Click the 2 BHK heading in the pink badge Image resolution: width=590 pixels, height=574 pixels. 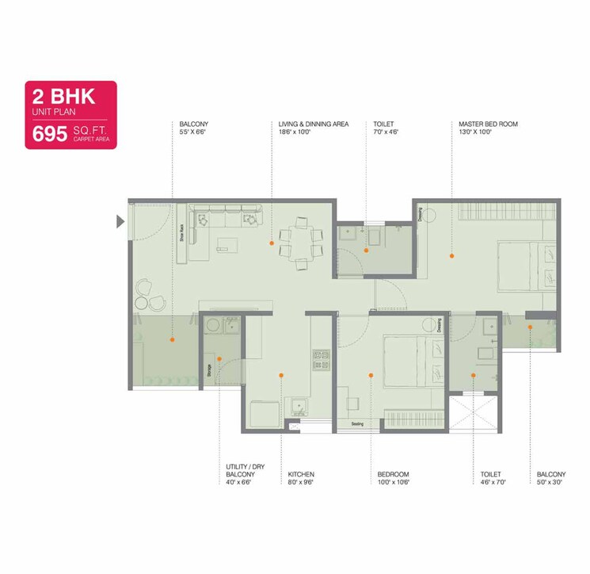tap(63, 98)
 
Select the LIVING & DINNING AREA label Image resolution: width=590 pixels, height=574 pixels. tap(314, 124)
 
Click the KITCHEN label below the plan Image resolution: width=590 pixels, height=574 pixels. tap(301, 475)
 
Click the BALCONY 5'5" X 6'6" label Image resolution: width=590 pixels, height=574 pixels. tap(193, 124)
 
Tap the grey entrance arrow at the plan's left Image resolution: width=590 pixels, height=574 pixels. tap(120, 221)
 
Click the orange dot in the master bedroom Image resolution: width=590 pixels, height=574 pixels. tap(451, 256)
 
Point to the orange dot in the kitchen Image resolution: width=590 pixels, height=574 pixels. tap(281, 375)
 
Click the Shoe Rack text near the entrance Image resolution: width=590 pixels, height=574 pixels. tap(181, 235)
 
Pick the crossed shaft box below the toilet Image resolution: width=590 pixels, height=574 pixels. tap(472, 414)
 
